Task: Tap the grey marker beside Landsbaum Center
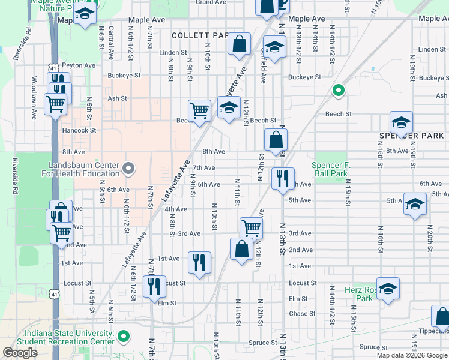[128, 169]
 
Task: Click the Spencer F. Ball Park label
[330, 169]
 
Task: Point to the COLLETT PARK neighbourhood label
[199, 36]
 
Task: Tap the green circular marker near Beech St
[338, 91]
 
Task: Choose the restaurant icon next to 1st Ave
[199, 262]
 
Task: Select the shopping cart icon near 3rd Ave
[251, 227]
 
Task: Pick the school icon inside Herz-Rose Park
[388, 288]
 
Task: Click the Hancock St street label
[79, 130]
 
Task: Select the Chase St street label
[298, 314]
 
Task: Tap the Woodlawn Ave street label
[35, 103]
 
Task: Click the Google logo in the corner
[20, 353]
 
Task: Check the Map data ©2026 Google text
[412, 355]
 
